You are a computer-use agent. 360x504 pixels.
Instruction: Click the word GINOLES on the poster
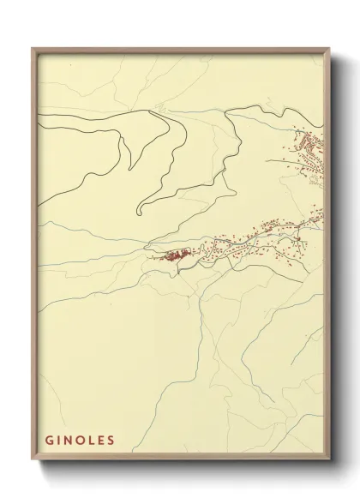[80, 441]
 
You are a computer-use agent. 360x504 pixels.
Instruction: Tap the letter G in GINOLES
[50, 441]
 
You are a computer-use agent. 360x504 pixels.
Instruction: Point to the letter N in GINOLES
[69, 441]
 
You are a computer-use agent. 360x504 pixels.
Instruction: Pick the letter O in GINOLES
[81, 441]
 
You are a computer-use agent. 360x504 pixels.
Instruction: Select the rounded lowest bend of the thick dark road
[139, 209]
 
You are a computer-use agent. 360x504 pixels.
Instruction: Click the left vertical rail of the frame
[34, 257]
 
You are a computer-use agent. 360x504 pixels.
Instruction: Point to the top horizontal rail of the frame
[180, 50]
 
